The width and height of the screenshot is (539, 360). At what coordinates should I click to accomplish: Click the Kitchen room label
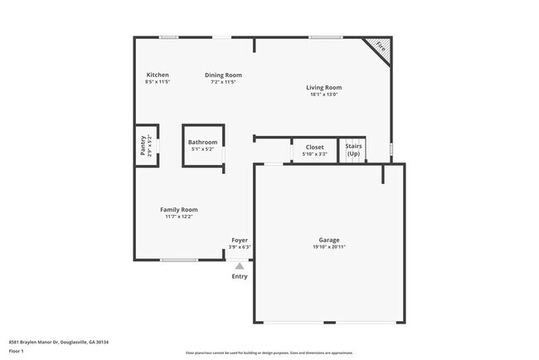click(x=158, y=75)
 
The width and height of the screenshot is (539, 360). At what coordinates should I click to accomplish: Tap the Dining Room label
click(x=223, y=75)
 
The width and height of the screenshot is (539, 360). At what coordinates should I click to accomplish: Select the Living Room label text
click(x=323, y=87)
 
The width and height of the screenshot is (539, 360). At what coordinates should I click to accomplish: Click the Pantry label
click(x=143, y=146)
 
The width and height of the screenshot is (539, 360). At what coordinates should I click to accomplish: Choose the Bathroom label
click(x=202, y=142)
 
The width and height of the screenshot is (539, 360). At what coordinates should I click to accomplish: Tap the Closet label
click(x=314, y=147)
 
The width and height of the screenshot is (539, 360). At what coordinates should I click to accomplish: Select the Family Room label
click(x=178, y=209)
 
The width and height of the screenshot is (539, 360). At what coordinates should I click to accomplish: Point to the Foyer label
click(x=240, y=240)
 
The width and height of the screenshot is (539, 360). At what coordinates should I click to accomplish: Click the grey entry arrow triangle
click(x=240, y=265)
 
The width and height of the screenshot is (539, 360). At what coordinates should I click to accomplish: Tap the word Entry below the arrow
click(x=240, y=276)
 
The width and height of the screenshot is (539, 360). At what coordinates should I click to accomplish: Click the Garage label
click(x=329, y=240)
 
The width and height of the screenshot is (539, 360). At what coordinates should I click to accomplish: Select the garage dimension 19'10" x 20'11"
click(x=329, y=247)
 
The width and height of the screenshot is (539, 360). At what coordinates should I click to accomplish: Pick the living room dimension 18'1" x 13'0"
click(x=323, y=95)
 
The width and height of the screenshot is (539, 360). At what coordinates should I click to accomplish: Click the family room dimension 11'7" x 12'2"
click(x=178, y=216)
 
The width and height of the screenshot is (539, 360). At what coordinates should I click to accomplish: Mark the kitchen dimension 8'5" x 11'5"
click(x=158, y=82)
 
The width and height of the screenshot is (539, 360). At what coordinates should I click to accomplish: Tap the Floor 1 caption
click(x=17, y=351)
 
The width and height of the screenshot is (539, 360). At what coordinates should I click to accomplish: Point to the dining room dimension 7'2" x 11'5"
click(x=223, y=82)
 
